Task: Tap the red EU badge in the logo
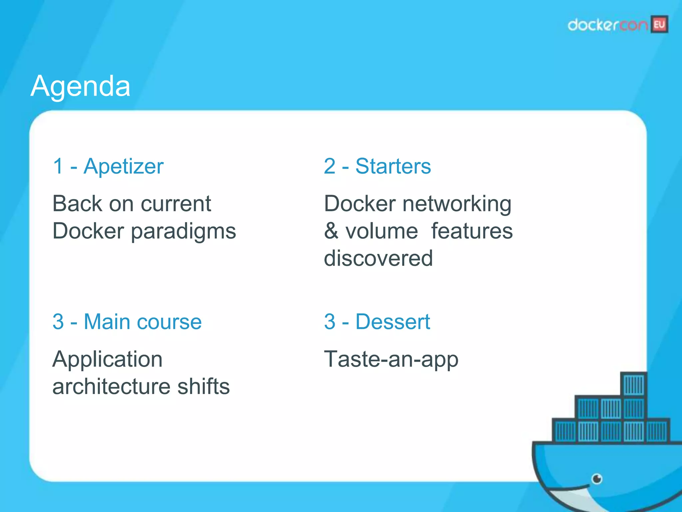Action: coord(659,25)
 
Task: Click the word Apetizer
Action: coord(124,166)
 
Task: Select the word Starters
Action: coord(393,166)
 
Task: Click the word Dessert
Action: coord(393,322)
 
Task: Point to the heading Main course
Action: coord(143,322)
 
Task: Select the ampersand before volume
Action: coord(331,231)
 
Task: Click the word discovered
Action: coord(378,258)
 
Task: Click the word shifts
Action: coord(203,387)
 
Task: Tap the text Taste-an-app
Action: coord(391,360)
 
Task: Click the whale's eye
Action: coord(597,479)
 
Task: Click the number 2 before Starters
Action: coord(330,166)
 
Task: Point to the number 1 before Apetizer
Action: coord(58,166)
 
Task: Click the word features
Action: coord(472,231)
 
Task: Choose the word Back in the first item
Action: coord(77,204)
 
